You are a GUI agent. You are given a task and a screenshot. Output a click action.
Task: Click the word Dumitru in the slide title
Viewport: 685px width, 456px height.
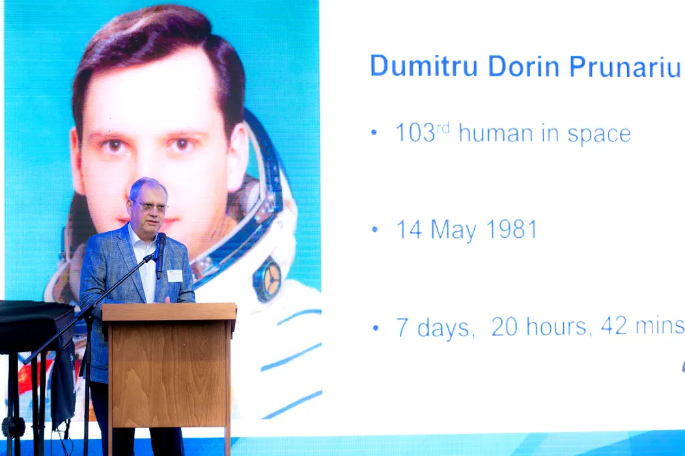pyautogui.click(x=424, y=66)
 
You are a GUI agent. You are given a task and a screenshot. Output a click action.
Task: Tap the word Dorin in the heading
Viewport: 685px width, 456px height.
pyautogui.click(x=524, y=66)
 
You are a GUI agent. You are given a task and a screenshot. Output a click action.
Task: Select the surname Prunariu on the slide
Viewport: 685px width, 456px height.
pyautogui.click(x=625, y=66)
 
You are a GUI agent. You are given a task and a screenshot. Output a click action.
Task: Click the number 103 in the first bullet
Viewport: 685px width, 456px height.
pyautogui.click(x=415, y=133)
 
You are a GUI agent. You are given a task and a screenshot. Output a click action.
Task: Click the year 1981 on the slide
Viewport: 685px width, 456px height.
pyautogui.click(x=512, y=229)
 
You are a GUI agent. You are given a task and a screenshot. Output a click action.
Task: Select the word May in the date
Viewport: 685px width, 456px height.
pyautogui.click(x=453, y=231)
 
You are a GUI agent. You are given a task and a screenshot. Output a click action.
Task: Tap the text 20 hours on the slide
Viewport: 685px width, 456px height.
pyautogui.click(x=538, y=326)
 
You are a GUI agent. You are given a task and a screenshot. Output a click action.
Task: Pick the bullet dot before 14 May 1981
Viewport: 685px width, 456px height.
pyautogui.click(x=374, y=229)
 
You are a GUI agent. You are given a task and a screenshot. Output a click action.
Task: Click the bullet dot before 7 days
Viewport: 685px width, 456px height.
pyautogui.click(x=375, y=328)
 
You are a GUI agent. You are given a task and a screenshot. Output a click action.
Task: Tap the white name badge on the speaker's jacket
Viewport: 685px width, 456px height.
pyautogui.click(x=175, y=276)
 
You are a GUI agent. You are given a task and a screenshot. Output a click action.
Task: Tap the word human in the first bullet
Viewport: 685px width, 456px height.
pyautogui.click(x=496, y=133)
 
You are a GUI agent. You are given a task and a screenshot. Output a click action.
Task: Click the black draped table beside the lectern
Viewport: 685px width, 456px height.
pyautogui.click(x=36, y=326)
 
